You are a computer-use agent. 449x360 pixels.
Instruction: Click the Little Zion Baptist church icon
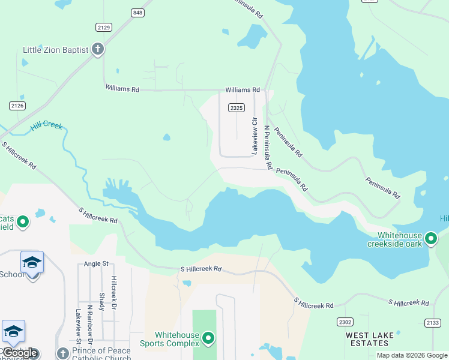(98, 50)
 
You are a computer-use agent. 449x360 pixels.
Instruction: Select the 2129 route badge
(103, 27)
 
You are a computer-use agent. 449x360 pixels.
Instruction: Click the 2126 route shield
(17, 106)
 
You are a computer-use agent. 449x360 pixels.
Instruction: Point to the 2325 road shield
(237, 108)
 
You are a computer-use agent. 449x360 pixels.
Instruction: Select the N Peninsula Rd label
(268, 147)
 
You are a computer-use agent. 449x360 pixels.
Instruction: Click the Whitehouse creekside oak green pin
(430, 239)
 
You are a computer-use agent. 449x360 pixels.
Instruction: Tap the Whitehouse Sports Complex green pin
(208, 339)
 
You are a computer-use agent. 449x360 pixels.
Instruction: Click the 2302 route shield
(345, 322)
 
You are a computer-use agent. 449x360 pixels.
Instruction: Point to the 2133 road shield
(432, 323)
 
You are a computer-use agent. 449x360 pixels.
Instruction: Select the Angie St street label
(96, 263)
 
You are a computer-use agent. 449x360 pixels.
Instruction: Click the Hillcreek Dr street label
(113, 293)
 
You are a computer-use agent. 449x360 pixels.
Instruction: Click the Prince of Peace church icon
(62, 353)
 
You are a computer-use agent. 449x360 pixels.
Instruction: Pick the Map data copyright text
(412, 355)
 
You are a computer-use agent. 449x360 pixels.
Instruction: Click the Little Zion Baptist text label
(55, 50)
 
